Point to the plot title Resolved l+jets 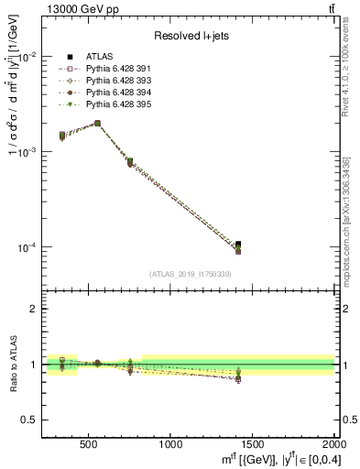coord(190,36)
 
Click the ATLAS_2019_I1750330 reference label coord(190,274)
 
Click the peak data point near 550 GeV coord(97,123)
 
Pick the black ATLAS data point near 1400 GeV coord(238,245)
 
